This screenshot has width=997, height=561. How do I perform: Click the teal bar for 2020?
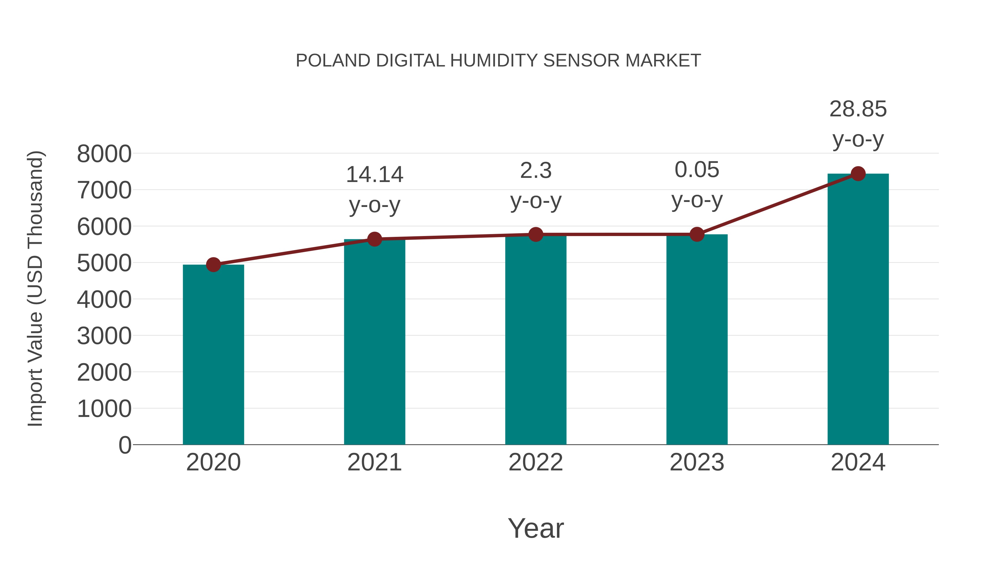pos(213,354)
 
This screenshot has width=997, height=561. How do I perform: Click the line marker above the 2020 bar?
pos(213,265)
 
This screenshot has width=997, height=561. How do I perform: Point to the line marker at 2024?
pos(858,174)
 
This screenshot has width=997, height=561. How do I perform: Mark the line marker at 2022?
pos(536,234)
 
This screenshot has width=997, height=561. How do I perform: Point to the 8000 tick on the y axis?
pos(104,154)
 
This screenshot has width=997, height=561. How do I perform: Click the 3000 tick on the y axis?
pos(104,336)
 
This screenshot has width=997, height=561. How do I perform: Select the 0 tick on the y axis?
pos(125,445)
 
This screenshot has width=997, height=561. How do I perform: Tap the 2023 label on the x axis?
pos(697,462)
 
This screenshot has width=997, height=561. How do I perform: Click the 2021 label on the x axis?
pos(374,462)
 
